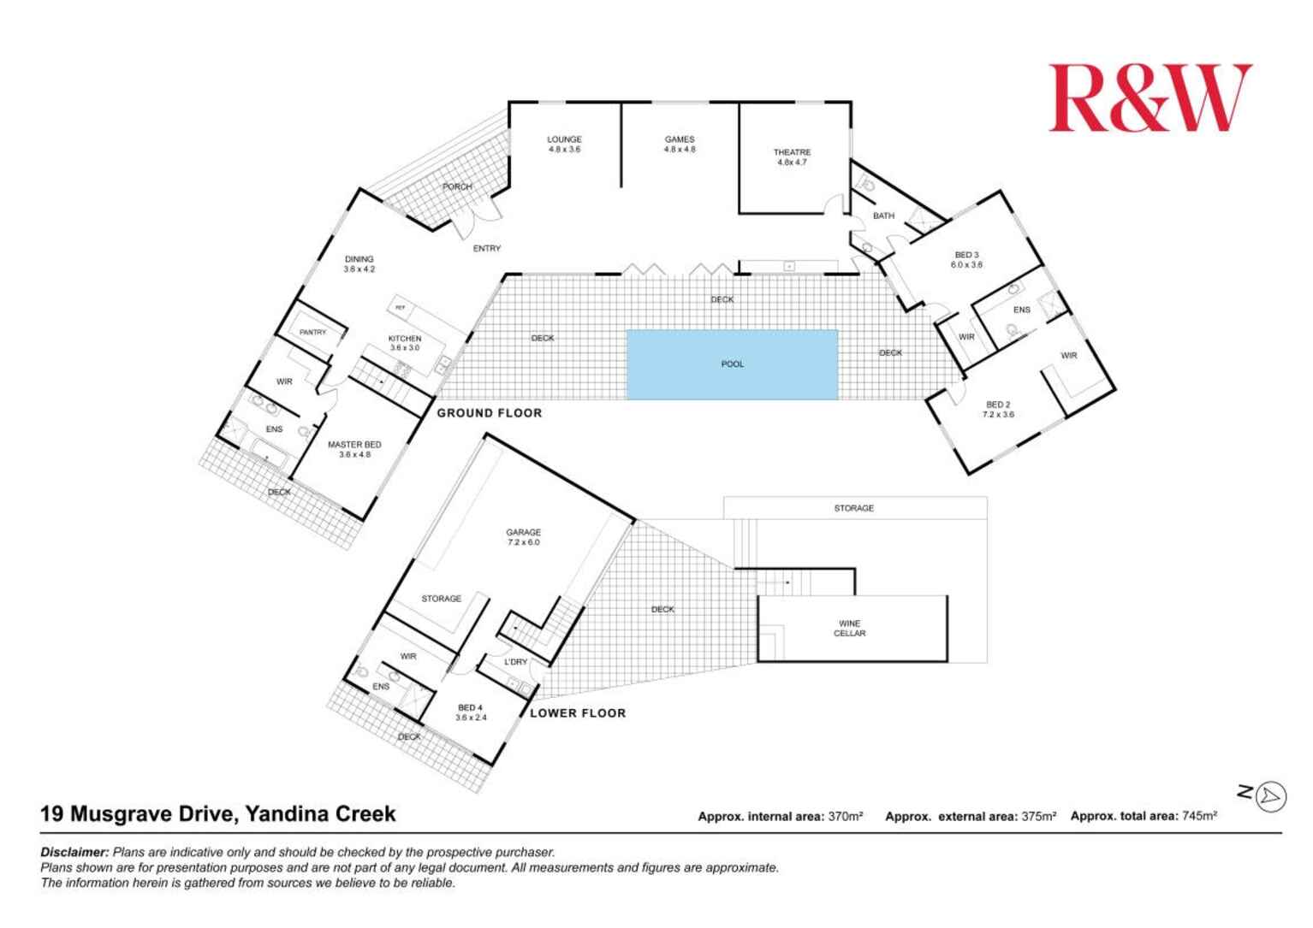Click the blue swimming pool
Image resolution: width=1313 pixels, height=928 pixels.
[x=732, y=364]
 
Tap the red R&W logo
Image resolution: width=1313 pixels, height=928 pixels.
[x=1150, y=98]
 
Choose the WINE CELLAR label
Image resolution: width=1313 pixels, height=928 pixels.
[x=849, y=629]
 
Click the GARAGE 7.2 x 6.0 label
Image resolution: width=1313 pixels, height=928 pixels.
[x=523, y=537]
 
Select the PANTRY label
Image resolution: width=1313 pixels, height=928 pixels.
[x=312, y=332]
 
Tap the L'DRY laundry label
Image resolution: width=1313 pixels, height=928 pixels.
[x=515, y=662]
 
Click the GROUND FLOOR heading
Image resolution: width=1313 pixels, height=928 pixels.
[x=490, y=413]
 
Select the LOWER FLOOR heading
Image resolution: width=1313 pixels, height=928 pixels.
[x=578, y=713]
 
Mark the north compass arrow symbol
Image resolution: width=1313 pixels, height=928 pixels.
[x=1271, y=796]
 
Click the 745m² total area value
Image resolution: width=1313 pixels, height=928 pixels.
[x=1199, y=816]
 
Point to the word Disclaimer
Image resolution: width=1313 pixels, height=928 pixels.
[x=74, y=852]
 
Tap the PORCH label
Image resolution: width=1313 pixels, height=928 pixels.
[x=457, y=186]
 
